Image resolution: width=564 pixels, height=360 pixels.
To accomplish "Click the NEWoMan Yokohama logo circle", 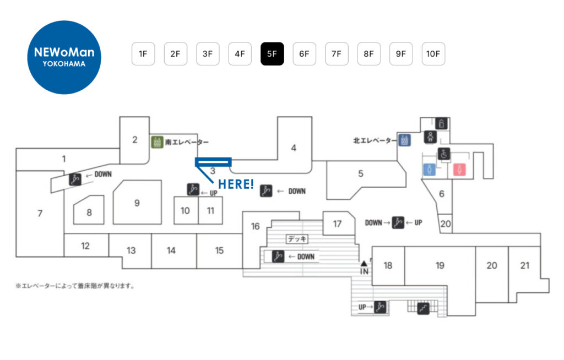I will [64, 57].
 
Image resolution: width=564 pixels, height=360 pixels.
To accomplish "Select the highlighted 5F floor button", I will [272, 54].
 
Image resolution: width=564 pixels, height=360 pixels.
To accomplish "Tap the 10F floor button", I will [433, 54].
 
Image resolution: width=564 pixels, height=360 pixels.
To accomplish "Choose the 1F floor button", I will [143, 54].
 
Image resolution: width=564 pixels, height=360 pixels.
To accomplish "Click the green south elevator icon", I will [157, 141].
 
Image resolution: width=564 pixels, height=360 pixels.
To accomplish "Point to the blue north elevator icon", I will [405, 140].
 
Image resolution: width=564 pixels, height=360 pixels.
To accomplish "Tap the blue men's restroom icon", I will [430, 170].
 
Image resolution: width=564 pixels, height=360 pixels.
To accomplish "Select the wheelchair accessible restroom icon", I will [444, 154].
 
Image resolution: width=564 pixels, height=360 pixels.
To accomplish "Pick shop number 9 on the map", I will [137, 203].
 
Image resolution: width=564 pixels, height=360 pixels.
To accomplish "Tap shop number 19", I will [440, 266].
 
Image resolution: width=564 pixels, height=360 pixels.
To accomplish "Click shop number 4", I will [294, 148].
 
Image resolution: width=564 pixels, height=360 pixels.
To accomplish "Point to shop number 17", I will [337, 223].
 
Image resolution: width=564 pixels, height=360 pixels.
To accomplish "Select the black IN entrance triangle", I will [364, 264].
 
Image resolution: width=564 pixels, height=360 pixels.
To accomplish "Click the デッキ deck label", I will [297, 239].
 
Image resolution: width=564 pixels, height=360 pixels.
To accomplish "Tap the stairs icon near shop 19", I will [423, 308].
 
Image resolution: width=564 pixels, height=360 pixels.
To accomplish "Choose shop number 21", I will [525, 265].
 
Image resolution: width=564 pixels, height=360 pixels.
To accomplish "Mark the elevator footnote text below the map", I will [75, 286].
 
